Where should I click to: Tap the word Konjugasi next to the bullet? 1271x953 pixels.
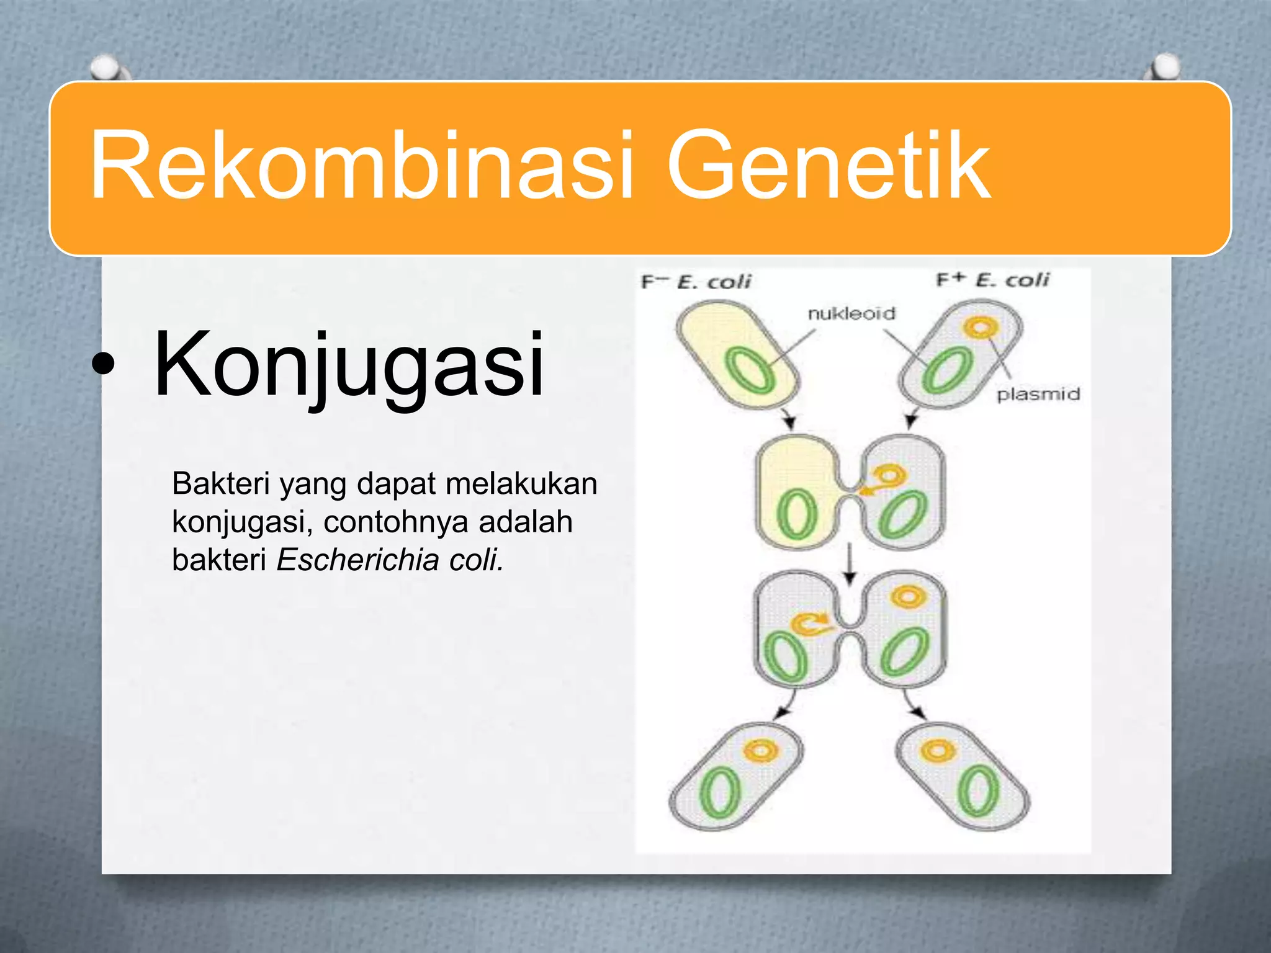click(x=349, y=366)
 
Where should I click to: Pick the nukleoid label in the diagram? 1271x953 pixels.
click(x=851, y=314)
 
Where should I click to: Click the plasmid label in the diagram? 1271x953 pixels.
click(x=1038, y=395)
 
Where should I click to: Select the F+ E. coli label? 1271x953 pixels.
click(x=992, y=280)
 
